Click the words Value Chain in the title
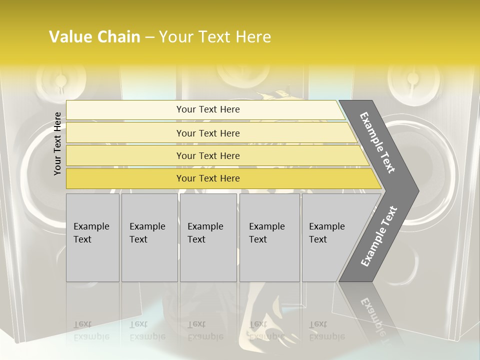coord(94,37)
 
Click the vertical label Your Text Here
coord(57,143)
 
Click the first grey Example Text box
coord(92,237)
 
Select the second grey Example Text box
coord(149,237)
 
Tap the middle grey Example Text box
coord(208,237)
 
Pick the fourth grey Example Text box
coord(269,237)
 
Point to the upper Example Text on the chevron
coord(378,142)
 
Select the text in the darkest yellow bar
coord(208,178)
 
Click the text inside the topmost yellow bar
coord(208,109)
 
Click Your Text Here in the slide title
coord(215,37)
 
